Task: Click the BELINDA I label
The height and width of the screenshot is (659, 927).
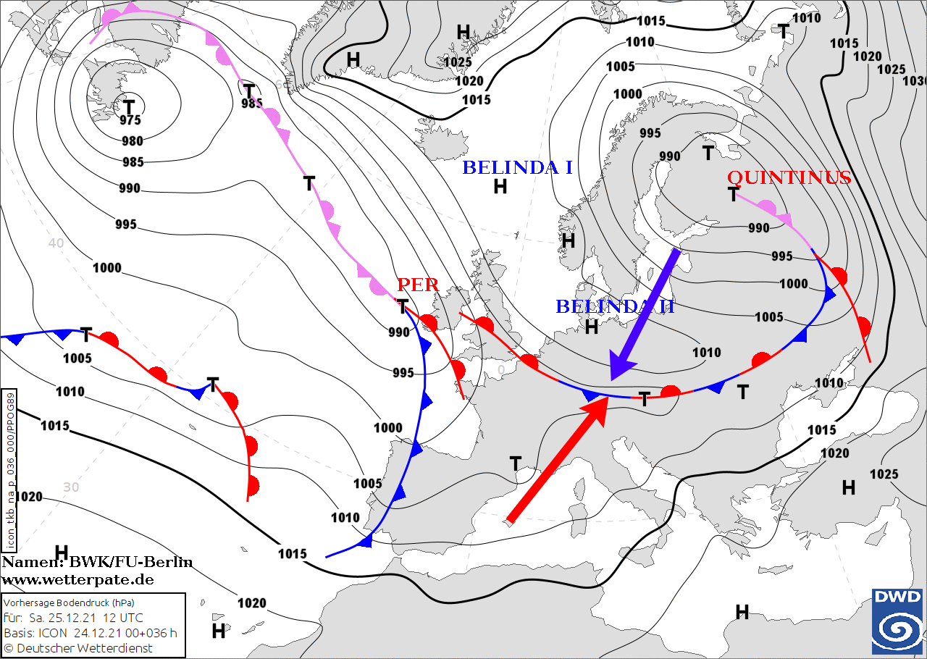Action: pyautogui.click(x=517, y=168)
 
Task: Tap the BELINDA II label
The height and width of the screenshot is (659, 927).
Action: pyautogui.click(x=614, y=306)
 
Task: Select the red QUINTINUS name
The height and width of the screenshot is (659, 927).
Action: pyautogui.click(x=788, y=177)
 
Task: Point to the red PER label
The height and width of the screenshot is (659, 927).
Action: pyautogui.click(x=418, y=285)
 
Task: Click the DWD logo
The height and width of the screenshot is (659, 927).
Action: pyautogui.click(x=897, y=621)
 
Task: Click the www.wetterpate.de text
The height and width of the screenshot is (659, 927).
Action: pyautogui.click(x=77, y=579)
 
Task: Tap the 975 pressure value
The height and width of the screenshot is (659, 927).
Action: pyautogui.click(x=130, y=120)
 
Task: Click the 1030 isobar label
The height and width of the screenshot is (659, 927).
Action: pyautogui.click(x=914, y=80)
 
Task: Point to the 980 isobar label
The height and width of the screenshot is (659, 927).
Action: pyautogui.click(x=132, y=141)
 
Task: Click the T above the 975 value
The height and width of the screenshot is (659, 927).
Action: pyautogui.click(x=129, y=104)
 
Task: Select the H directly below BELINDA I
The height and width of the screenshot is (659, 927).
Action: pyautogui.click(x=500, y=187)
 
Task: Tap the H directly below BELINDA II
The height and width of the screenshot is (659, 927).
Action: pyautogui.click(x=591, y=327)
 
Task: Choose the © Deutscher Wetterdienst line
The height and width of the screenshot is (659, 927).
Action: pyautogui.click(x=78, y=648)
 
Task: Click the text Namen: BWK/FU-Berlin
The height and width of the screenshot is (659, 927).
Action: pyautogui.click(x=97, y=563)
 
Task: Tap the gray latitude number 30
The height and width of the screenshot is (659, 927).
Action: pyautogui.click(x=70, y=487)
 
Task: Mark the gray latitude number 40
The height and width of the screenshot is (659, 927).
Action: pyautogui.click(x=56, y=243)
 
